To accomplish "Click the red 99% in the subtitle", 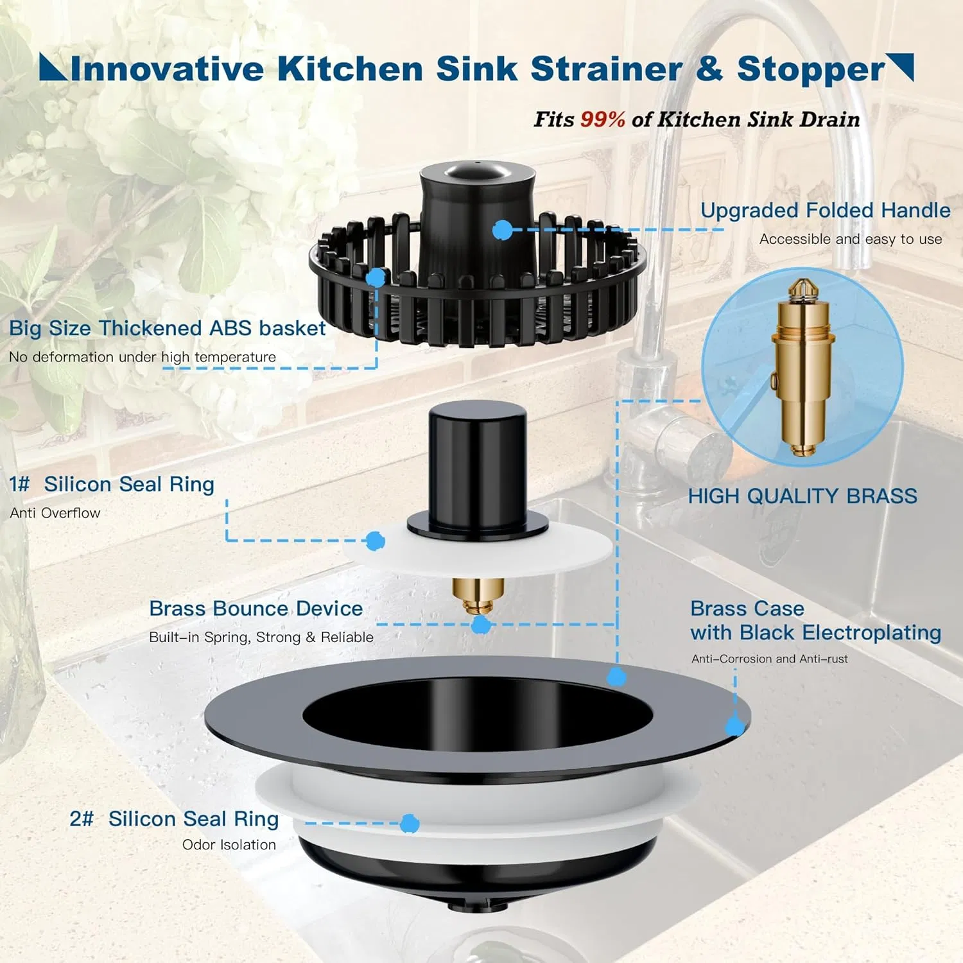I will pos(602,119).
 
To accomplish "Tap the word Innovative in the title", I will pos(167,69).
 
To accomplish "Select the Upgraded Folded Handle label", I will pos(825,211).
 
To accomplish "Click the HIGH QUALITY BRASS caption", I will pos(802,496).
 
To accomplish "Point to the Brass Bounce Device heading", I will pos(256,608).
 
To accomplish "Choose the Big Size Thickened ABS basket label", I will pos(167,328).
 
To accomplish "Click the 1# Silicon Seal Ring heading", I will pos(112,484).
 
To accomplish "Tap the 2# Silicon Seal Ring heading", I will pos(174,819).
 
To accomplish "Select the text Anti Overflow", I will pos(55,513).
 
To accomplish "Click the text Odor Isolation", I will pos(229,845).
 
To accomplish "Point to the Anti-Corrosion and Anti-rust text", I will pos(769,659).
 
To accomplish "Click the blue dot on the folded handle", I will pos(502,230).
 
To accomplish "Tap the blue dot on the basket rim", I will pos(376,277).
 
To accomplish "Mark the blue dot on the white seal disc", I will pos(376,541).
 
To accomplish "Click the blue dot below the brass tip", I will pos(481,625).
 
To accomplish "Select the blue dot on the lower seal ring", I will pos(410,823).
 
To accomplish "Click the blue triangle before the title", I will pos(53,67).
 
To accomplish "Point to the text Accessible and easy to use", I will pos(851,239).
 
